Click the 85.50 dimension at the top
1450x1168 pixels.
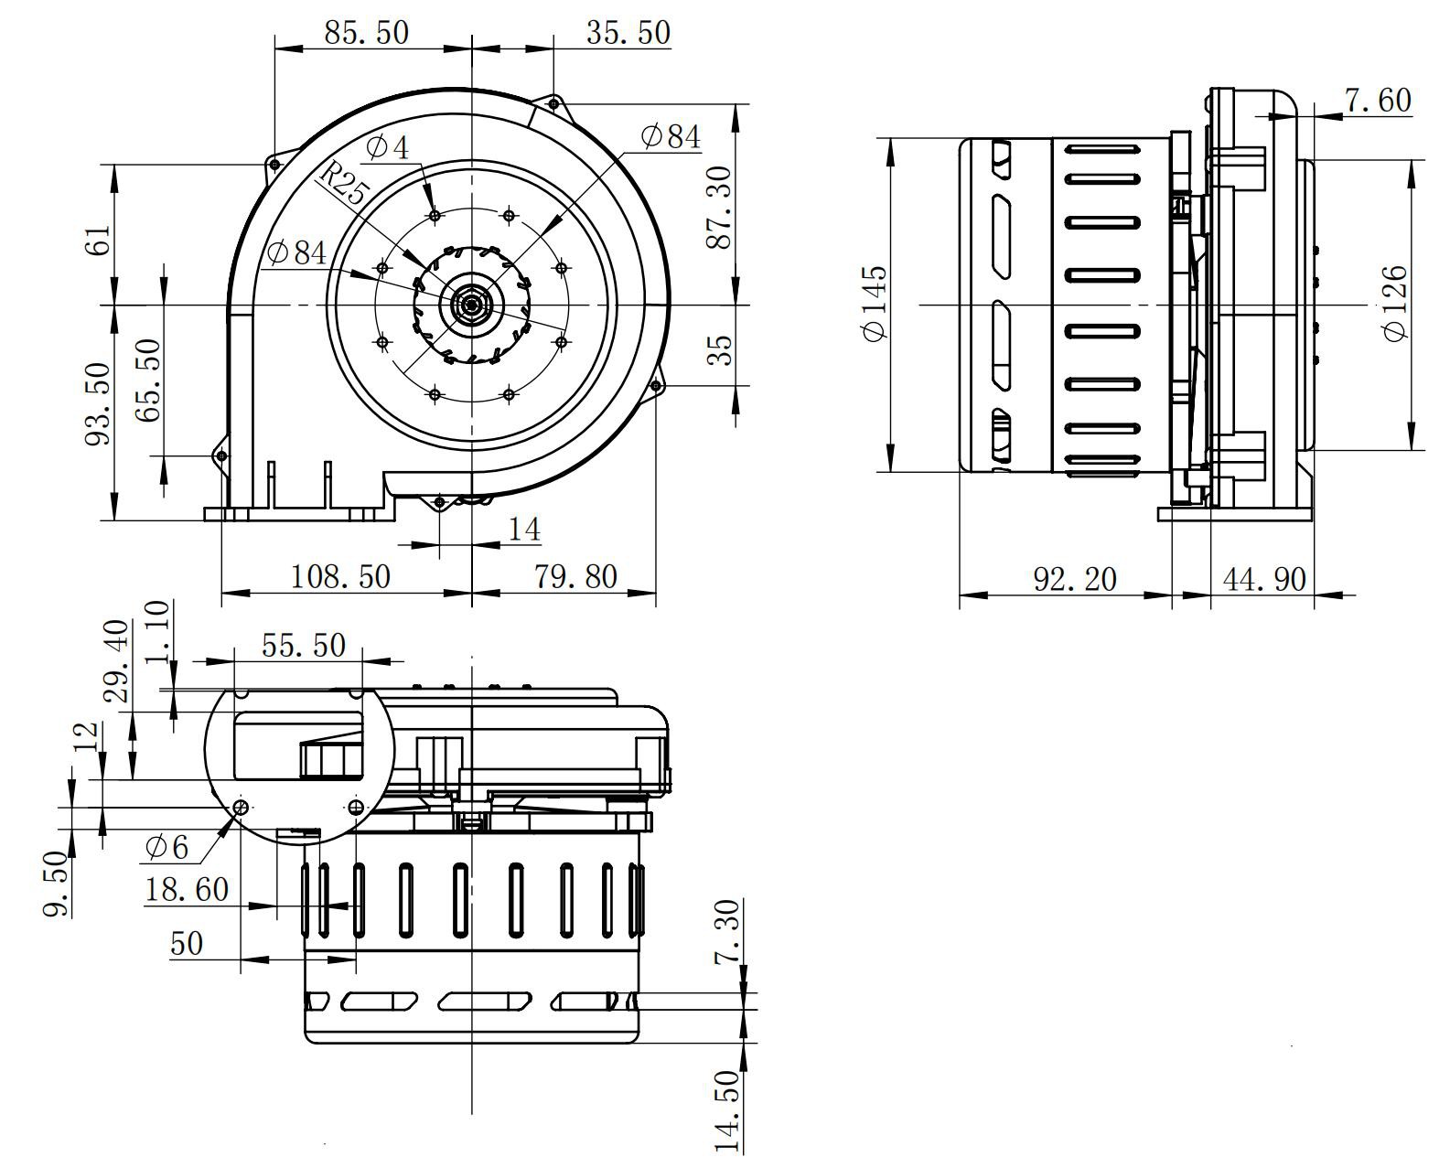[366, 33]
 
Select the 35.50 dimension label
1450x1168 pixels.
[628, 33]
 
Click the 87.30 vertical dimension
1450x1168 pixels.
[721, 207]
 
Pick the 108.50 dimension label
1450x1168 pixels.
[340, 576]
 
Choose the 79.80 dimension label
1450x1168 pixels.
[575, 576]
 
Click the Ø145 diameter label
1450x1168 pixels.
[875, 303]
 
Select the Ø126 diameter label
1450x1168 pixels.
[1396, 303]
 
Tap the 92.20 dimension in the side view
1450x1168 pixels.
[1075, 579]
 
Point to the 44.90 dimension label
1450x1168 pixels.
[1264, 579]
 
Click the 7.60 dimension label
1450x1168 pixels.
[1378, 100]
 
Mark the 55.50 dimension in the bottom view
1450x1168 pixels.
[304, 646]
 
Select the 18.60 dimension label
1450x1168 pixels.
[187, 889]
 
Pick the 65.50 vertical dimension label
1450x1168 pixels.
[147, 380]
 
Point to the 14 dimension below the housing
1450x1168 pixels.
[524, 530]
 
